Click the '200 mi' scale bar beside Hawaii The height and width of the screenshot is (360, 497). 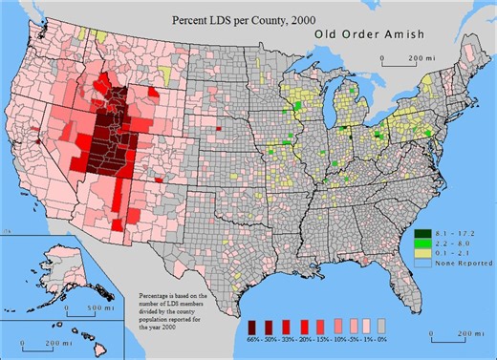pyautogui.click(x=39, y=341)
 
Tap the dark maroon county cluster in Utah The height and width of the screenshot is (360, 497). pyautogui.click(x=115, y=124)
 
